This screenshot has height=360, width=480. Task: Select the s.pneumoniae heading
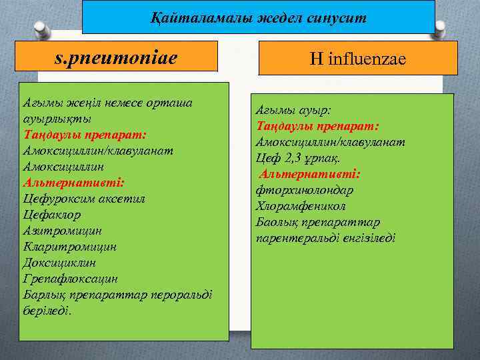click(x=116, y=58)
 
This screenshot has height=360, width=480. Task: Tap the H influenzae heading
click(x=357, y=60)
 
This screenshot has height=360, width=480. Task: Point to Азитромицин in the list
click(x=62, y=230)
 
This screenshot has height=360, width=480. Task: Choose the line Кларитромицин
click(x=69, y=246)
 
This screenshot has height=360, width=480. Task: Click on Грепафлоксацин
click(x=71, y=278)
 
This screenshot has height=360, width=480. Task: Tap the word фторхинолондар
click(x=305, y=189)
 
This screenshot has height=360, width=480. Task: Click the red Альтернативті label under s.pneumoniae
click(x=74, y=182)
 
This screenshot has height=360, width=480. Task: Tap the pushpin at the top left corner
click(x=41, y=29)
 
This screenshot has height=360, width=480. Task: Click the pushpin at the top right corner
click(x=441, y=29)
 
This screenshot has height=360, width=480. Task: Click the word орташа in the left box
click(x=169, y=103)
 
